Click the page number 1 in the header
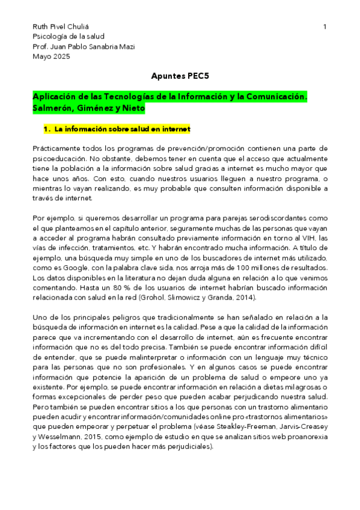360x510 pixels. [x=325, y=27]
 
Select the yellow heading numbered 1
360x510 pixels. [x=117, y=129]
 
